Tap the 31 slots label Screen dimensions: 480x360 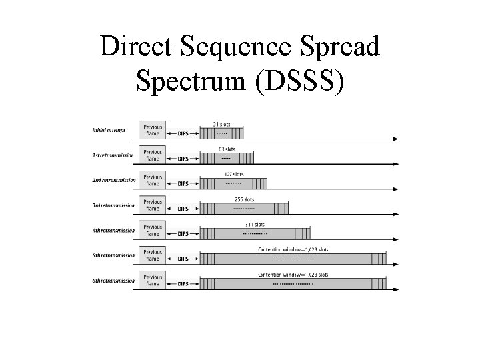[x=222, y=124]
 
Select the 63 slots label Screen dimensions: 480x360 [x=227, y=149]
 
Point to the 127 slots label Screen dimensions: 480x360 [x=233, y=174]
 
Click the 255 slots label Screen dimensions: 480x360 [x=244, y=199]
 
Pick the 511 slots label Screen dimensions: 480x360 [x=254, y=225]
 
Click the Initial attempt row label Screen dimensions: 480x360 [x=109, y=130]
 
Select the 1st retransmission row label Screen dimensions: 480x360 [x=113, y=155]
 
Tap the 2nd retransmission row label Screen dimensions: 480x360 [x=114, y=180]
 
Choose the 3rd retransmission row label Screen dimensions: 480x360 [x=113, y=205]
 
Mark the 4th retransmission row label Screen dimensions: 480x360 [x=113, y=231]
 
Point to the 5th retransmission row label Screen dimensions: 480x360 [x=113, y=255]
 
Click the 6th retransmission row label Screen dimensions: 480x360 [x=113, y=281]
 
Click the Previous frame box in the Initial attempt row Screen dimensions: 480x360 [x=153, y=130]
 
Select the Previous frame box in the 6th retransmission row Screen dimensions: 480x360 [x=153, y=281]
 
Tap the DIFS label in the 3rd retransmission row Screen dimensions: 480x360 [x=183, y=209]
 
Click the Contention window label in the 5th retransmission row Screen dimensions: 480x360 [x=293, y=249]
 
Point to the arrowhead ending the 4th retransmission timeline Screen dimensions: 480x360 [x=397, y=239]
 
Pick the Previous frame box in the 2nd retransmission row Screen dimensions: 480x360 [x=153, y=180]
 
